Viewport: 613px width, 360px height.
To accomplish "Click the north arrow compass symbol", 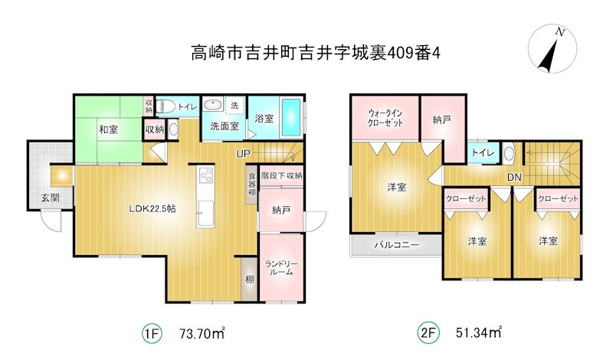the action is [552, 48].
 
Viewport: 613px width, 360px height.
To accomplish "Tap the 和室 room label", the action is [108, 129].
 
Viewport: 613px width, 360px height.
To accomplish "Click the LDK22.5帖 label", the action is [152, 209].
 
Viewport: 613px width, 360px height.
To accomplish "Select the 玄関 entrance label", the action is [50, 198].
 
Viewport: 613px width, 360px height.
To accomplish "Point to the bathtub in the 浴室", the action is [291, 117].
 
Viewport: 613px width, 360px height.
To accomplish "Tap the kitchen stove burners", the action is [205, 175].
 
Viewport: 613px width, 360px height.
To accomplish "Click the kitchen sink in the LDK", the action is [205, 214].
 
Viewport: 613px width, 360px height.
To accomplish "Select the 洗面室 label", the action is [225, 126].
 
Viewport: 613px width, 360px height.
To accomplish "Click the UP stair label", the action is [243, 154].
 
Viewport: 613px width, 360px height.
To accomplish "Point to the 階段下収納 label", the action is [281, 176].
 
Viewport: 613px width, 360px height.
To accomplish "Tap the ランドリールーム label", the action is [281, 268].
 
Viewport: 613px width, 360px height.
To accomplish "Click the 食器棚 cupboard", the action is [252, 185].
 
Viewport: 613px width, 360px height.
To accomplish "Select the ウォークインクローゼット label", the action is [385, 118].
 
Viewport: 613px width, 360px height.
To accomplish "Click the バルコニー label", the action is [397, 245].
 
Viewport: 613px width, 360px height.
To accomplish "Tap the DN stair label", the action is [514, 178].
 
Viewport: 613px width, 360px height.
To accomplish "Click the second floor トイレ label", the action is [483, 152].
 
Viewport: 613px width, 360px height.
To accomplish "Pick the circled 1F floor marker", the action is [152, 333].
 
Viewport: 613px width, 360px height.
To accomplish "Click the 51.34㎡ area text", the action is [478, 332].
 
